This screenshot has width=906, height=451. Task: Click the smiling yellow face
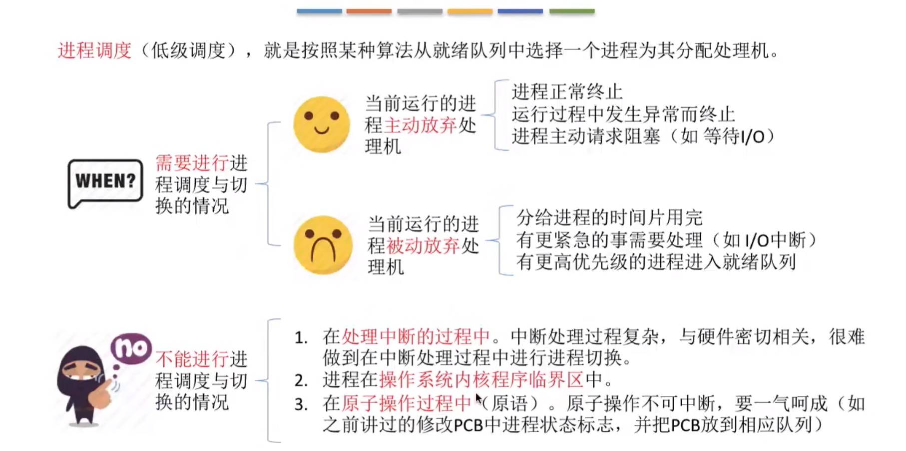point(322,124)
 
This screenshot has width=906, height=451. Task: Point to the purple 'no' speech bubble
point(131,348)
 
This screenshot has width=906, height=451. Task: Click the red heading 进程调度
point(95,50)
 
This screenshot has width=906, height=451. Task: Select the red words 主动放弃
point(420,125)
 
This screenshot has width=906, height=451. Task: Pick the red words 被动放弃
point(423,245)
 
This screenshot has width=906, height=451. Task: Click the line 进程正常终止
point(567,92)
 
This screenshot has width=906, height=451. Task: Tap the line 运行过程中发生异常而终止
point(623,114)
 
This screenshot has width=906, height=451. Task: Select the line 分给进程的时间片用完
point(609,218)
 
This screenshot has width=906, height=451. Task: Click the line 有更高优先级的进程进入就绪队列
point(656,262)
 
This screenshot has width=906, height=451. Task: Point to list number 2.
point(301,381)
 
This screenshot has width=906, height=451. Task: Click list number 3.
point(301,404)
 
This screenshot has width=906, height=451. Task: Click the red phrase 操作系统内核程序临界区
point(481,380)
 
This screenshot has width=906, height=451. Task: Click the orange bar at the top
point(369,11)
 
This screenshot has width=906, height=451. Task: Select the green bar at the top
point(572,11)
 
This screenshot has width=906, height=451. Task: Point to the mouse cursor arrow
point(478,399)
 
